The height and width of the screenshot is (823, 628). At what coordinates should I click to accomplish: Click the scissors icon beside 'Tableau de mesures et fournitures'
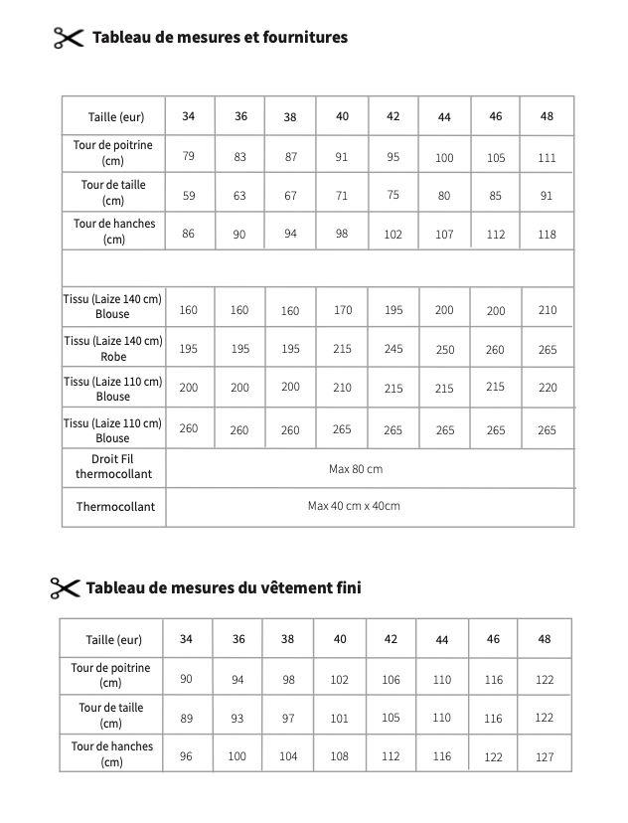coord(68,38)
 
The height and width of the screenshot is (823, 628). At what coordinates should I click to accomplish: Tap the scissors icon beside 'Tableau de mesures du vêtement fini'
coord(65,587)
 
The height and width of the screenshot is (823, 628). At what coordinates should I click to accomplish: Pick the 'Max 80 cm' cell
coord(355,468)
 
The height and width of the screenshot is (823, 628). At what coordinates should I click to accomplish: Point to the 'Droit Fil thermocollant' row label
coord(113,466)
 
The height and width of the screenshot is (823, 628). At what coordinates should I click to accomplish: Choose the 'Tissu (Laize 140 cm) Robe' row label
coord(113,348)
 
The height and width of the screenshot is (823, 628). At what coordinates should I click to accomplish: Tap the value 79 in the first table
coord(189,156)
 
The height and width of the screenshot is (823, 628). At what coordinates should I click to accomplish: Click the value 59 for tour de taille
coord(189,195)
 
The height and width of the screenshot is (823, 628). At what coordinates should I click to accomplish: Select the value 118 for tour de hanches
coord(547,235)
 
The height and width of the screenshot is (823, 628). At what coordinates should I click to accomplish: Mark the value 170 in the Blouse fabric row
coord(342,310)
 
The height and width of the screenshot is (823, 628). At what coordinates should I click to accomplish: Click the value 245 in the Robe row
coord(393,349)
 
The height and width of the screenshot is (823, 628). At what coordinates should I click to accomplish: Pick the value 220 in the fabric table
coord(547,388)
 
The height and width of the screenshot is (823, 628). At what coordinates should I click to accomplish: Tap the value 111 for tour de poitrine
coord(547,157)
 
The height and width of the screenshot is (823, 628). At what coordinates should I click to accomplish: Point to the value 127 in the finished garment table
coord(544,756)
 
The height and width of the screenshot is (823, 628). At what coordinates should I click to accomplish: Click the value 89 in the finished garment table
coord(186,718)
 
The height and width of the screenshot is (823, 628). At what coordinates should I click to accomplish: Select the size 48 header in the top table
coord(547,116)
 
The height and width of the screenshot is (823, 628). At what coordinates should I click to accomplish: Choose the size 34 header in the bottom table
coord(186,639)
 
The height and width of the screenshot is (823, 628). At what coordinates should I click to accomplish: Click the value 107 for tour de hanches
coord(444,235)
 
